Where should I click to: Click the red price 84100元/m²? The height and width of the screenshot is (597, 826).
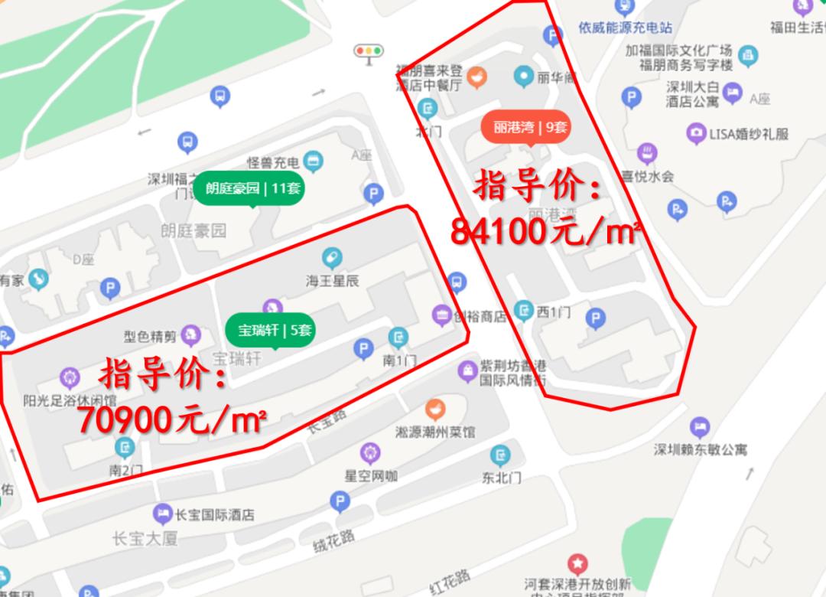(x=545, y=231)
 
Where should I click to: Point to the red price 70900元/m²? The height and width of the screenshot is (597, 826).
(x=172, y=419)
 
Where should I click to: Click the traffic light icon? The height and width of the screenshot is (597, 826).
(x=368, y=51)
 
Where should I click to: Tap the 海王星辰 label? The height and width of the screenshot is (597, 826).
(x=332, y=281)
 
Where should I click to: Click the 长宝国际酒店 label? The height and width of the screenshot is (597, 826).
(x=214, y=514)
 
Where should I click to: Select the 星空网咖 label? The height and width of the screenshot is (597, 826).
(x=370, y=475)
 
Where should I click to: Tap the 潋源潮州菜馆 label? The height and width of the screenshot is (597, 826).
(x=435, y=432)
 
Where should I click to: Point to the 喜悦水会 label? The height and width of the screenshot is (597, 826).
(x=646, y=176)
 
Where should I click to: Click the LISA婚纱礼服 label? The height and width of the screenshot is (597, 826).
(x=748, y=134)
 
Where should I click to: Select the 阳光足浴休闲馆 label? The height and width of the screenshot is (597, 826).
(x=70, y=400)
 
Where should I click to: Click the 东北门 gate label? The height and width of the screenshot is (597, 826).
(x=502, y=477)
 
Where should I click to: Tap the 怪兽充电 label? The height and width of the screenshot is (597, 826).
(x=272, y=162)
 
